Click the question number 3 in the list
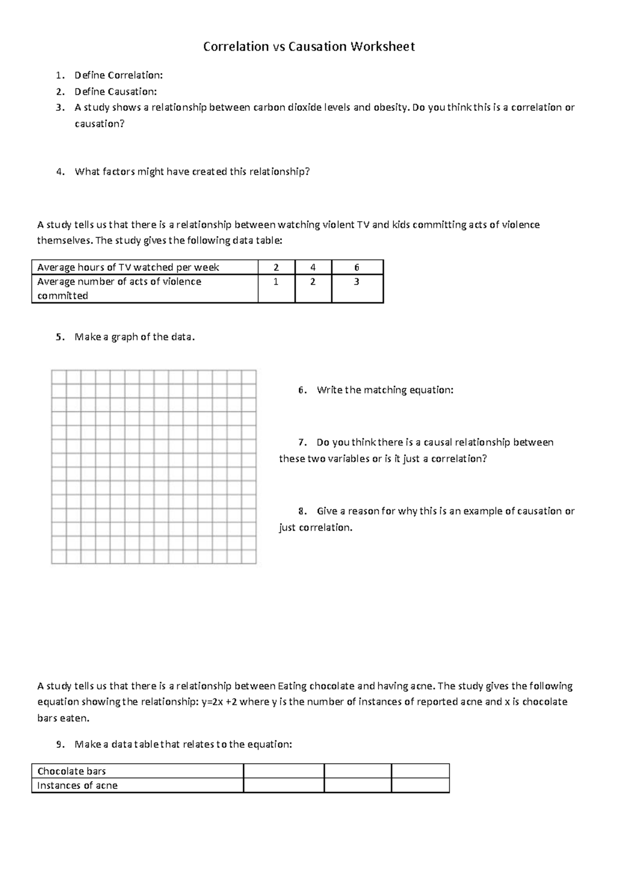click(60, 108)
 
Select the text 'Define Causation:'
click(116, 92)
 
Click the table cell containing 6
click(357, 267)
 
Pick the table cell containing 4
click(313, 267)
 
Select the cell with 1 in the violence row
click(276, 282)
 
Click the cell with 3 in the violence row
click(357, 282)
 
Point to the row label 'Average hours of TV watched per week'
click(128, 267)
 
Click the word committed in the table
click(62, 296)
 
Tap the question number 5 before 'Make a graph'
click(60, 337)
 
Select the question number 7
click(302, 443)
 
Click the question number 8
click(302, 511)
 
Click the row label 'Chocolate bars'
click(72, 771)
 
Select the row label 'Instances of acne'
click(77, 786)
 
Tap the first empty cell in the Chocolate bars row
click(283, 771)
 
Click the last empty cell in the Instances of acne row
click(420, 785)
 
